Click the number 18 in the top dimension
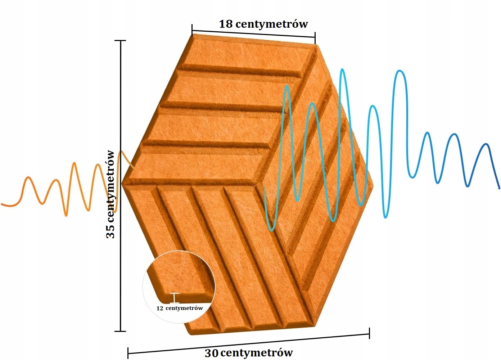tap(226, 24)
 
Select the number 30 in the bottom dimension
tap(212, 353)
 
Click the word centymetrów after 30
tap(257, 352)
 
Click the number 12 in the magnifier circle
tap(160, 309)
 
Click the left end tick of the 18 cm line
tap(192, 30)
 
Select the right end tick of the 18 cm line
tap(315, 37)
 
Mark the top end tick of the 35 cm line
tap(120, 41)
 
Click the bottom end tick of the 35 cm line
tap(120, 331)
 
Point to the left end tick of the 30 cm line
tap(128, 353)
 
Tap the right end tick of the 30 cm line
tap(369, 333)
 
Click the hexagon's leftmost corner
tap(122, 184)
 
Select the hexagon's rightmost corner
tap(373, 186)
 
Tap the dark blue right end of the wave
tap(499, 188)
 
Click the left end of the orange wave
tap(2, 204)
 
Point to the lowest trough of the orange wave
tap(66, 215)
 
